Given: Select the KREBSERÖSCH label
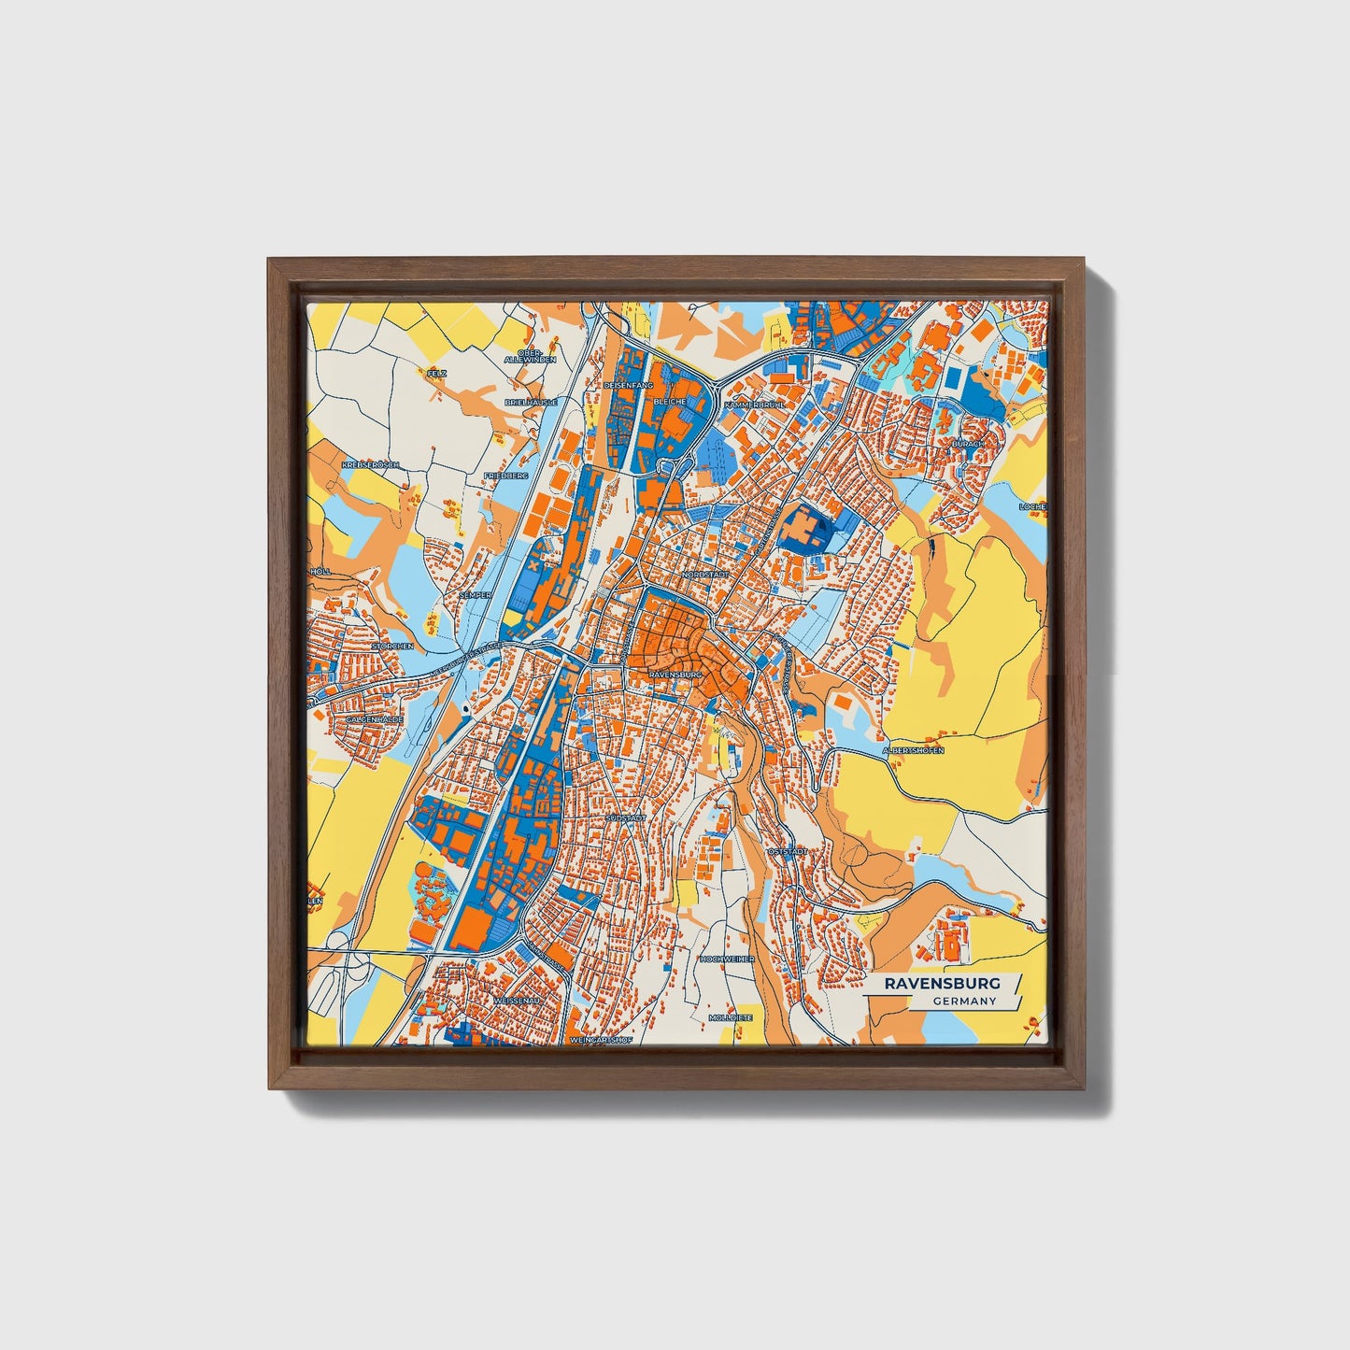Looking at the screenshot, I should [x=371, y=464].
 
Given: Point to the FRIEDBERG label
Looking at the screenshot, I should [x=506, y=476].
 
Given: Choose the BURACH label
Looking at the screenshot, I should [x=968, y=444].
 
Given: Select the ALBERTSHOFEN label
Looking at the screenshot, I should [x=913, y=750].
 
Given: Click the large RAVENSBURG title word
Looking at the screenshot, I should [x=941, y=983].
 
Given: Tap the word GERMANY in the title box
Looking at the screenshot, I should [x=965, y=1001].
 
